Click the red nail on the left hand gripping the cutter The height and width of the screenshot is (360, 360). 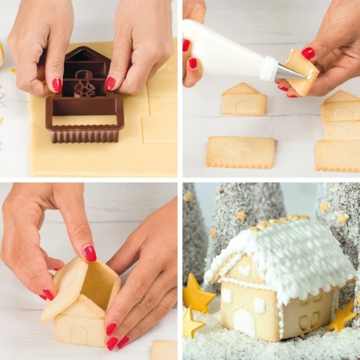56,85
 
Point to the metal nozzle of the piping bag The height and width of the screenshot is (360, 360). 289,72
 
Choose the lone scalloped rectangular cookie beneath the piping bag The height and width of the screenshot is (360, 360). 241,152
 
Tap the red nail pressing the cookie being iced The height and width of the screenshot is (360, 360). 308,53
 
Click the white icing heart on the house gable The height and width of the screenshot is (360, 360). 244,271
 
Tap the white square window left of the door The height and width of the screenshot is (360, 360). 227,296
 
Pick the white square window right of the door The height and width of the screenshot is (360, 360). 259,305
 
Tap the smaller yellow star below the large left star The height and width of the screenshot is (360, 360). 191,325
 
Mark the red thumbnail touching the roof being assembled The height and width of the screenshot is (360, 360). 89,253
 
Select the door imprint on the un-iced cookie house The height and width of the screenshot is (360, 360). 79,334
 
